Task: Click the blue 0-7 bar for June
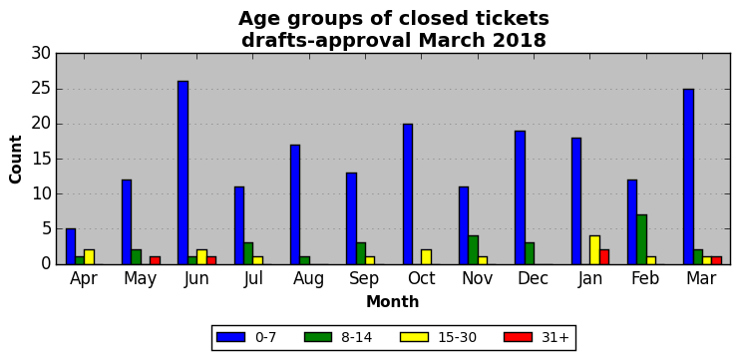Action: (x=184, y=173)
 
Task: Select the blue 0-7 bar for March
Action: (x=688, y=177)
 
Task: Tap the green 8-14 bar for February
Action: (x=642, y=239)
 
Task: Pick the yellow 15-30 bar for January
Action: (x=595, y=250)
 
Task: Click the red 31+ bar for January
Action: (x=604, y=257)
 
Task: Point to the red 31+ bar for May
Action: (x=156, y=260)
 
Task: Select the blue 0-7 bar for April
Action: (x=71, y=246)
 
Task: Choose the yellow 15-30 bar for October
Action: (x=427, y=257)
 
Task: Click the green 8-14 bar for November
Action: (x=474, y=250)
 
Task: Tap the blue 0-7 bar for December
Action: (x=520, y=197)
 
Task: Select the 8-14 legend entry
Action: (x=338, y=337)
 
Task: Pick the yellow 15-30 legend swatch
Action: (x=414, y=337)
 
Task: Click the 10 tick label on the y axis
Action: (x=41, y=193)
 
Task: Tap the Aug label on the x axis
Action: (x=308, y=279)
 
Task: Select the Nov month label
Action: (x=477, y=279)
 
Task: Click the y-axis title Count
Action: (x=16, y=159)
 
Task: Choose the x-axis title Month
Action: (x=393, y=301)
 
